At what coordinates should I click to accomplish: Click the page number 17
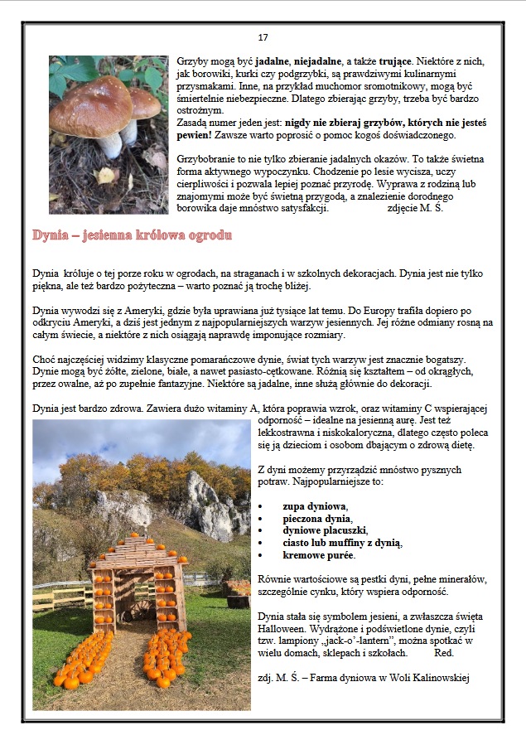263,37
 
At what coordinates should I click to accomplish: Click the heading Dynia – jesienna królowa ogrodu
132,235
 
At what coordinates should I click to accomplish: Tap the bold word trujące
402,61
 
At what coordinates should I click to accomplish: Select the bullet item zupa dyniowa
315,505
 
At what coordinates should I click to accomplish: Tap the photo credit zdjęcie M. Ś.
415,207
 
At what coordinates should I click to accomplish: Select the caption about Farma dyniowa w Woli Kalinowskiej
364,678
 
